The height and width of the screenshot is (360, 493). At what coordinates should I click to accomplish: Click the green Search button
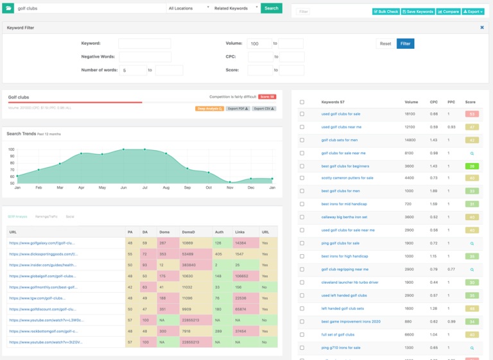click(271, 8)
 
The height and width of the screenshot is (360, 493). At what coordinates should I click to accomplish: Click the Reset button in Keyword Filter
click(385, 44)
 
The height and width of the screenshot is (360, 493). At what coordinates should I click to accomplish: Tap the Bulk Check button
click(386, 12)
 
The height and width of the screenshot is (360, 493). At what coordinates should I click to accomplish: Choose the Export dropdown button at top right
click(473, 12)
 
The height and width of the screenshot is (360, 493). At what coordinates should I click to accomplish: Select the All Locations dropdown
click(189, 8)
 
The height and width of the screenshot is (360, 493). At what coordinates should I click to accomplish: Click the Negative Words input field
click(144, 56)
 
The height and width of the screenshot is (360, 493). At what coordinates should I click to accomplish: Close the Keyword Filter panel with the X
click(482, 28)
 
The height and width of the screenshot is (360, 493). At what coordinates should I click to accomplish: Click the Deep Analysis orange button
click(209, 108)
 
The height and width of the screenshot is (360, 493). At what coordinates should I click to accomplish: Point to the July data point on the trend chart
click(144, 150)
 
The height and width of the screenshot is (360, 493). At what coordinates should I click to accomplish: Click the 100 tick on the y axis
click(11, 150)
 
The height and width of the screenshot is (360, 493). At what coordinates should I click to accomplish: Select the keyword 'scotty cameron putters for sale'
click(347, 178)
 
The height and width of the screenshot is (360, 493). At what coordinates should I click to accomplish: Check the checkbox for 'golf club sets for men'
click(302, 140)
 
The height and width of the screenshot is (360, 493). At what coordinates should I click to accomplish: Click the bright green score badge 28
click(472, 166)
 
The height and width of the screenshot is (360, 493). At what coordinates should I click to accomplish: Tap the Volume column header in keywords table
click(411, 102)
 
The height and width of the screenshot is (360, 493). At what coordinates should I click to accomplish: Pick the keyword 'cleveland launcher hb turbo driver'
click(350, 282)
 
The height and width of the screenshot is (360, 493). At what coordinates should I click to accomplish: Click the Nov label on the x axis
click(230, 187)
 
